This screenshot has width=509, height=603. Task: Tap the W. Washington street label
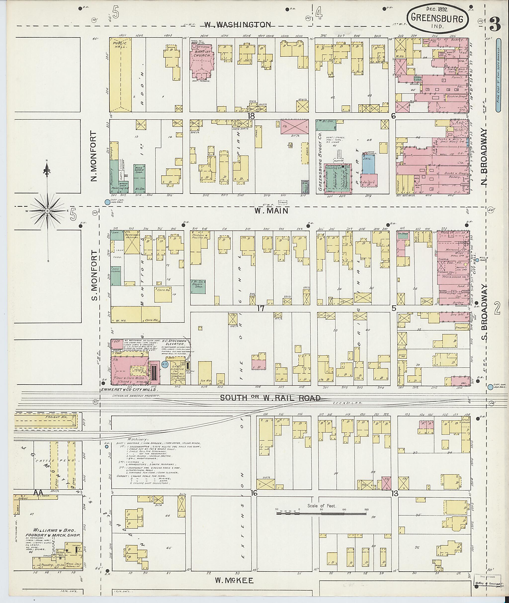238,25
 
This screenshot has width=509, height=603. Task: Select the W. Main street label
271,211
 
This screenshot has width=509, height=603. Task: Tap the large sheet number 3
495,25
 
